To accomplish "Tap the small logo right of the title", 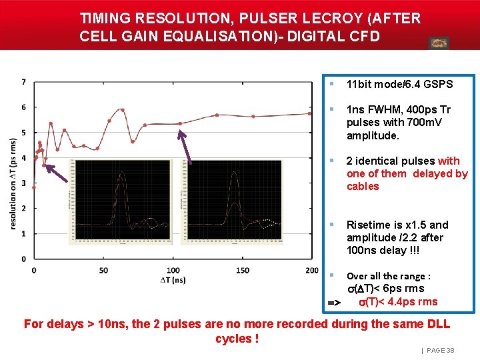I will (x=439, y=43).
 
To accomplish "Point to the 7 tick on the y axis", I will (x=24, y=82).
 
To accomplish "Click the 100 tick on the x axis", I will (x=173, y=270).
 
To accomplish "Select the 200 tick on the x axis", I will (x=311, y=270).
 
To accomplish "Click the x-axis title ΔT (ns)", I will (x=173, y=280).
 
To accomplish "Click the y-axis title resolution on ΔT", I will (x=13, y=184).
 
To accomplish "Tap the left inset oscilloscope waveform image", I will (x=123, y=201).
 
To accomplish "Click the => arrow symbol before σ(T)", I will (x=334, y=303).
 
